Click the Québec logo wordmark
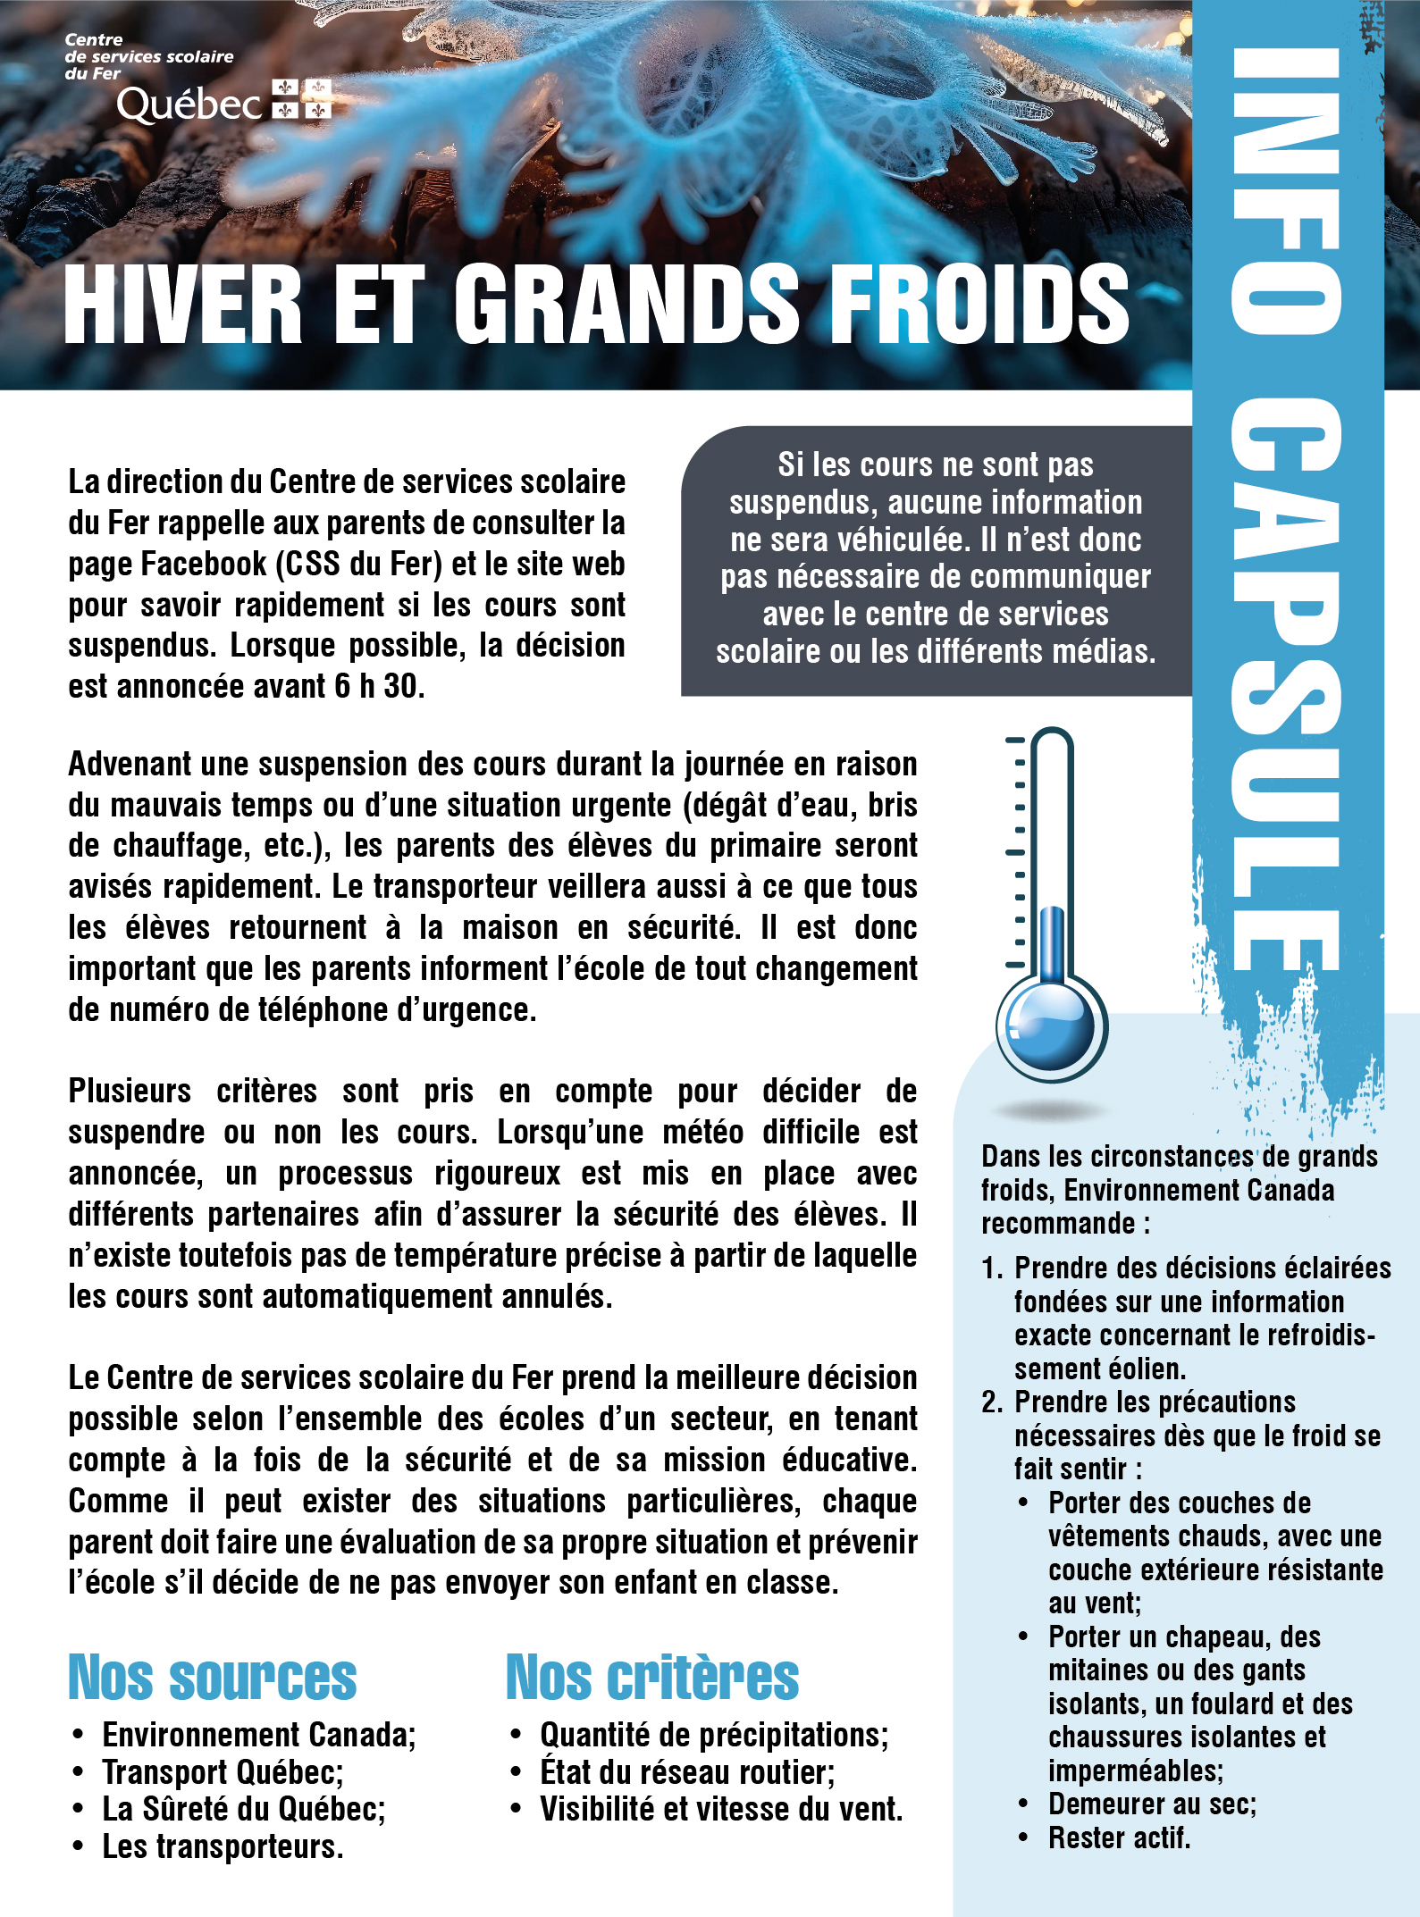(189, 105)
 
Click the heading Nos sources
(213, 1678)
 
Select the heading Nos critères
(652, 1678)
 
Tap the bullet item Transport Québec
(223, 1771)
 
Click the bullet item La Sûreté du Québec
(243, 1809)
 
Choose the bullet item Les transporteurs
(223, 1846)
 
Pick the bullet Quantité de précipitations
(714, 1735)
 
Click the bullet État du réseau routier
(687, 1771)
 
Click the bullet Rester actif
(1119, 1838)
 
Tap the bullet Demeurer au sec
(1152, 1804)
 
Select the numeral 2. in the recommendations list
(992, 1402)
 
